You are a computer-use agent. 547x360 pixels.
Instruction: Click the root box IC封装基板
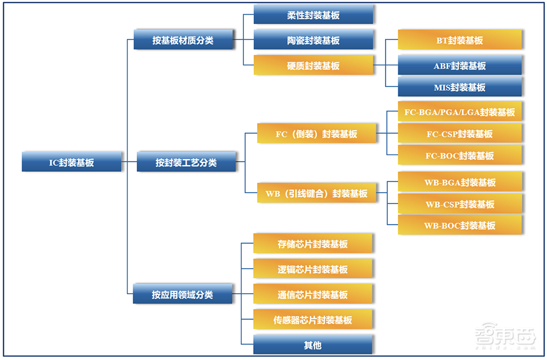click(x=72, y=162)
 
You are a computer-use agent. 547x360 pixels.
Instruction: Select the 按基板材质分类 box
click(x=183, y=40)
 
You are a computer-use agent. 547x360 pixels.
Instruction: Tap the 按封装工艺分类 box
click(x=186, y=162)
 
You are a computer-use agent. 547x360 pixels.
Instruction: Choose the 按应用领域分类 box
click(x=183, y=294)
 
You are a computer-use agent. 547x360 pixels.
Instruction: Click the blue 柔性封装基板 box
click(x=313, y=15)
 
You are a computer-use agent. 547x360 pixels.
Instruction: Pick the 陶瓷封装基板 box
click(x=313, y=40)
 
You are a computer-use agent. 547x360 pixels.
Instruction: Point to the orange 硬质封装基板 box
click(x=313, y=65)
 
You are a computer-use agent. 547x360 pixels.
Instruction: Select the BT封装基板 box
click(x=459, y=40)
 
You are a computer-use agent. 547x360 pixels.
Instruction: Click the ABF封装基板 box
click(x=459, y=65)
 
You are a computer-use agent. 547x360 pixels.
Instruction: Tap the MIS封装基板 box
click(x=459, y=87)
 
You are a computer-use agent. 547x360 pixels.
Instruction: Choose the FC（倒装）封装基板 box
click(x=317, y=133)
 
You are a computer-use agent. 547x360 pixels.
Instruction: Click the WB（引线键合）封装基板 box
click(x=317, y=193)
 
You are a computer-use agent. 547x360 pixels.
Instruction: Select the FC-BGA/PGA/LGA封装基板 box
click(x=459, y=112)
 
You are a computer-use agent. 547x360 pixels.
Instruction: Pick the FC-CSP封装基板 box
click(x=459, y=133)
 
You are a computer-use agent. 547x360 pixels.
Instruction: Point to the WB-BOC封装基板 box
click(x=459, y=225)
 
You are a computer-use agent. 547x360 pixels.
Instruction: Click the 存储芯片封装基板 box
click(x=313, y=243)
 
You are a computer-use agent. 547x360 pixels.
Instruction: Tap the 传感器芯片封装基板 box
click(x=313, y=320)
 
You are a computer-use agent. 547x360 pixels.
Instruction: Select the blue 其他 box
click(x=313, y=345)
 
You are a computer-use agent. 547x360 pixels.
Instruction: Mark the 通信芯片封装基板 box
click(x=313, y=294)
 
